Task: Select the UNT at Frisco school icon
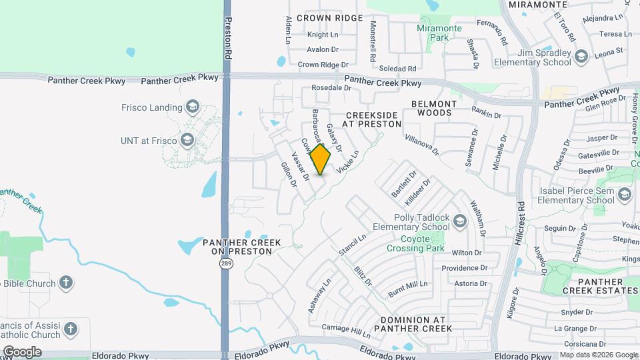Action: (x=187, y=139)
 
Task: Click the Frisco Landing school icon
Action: (x=193, y=107)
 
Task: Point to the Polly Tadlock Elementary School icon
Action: (x=459, y=221)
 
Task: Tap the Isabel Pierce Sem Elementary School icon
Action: (x=625, y=194)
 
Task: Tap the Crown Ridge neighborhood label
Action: (x=329, y=18)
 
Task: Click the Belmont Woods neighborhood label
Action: (x=434, y=109)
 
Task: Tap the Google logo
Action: (x=22, y=351)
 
